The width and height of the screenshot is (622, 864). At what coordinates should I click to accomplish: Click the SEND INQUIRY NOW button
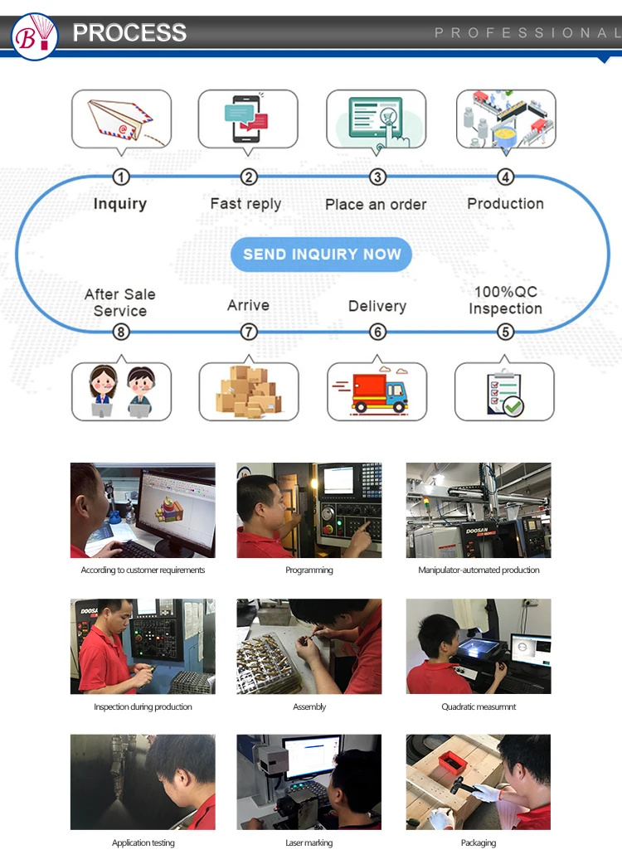point(321,255)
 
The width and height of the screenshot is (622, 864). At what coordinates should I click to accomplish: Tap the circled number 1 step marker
point(121,177)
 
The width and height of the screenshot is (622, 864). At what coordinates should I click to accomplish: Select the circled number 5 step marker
point(505,332)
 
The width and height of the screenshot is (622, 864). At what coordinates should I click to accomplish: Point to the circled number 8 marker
point(121,332)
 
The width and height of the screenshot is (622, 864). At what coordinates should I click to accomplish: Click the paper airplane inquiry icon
point(121,120)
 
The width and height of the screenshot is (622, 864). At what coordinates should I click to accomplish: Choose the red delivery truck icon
point(377,391)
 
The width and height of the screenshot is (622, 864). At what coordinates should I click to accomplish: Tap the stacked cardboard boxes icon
point(249,391)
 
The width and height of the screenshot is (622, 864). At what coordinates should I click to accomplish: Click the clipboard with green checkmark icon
point(504,392)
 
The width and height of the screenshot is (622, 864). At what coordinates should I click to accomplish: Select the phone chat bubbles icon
point(249,120)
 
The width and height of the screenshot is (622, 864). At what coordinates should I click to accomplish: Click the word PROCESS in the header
point(129,32)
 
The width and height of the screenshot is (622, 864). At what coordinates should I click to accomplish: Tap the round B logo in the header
point(35,35)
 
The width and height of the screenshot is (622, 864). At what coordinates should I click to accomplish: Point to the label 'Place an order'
point(376,205)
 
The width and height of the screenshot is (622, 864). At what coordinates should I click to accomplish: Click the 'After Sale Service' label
point(120,303)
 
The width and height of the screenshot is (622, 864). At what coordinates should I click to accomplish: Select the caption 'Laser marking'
point(309,843)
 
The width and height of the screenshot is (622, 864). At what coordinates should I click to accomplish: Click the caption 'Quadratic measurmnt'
point(479,707)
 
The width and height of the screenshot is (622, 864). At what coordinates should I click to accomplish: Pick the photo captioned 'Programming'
point(309,510)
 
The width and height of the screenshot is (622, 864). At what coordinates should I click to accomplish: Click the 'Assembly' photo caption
point(309,707)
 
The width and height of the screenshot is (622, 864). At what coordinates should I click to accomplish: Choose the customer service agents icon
point(121,391)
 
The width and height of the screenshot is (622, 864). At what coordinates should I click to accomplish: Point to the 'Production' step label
point(505,204)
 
